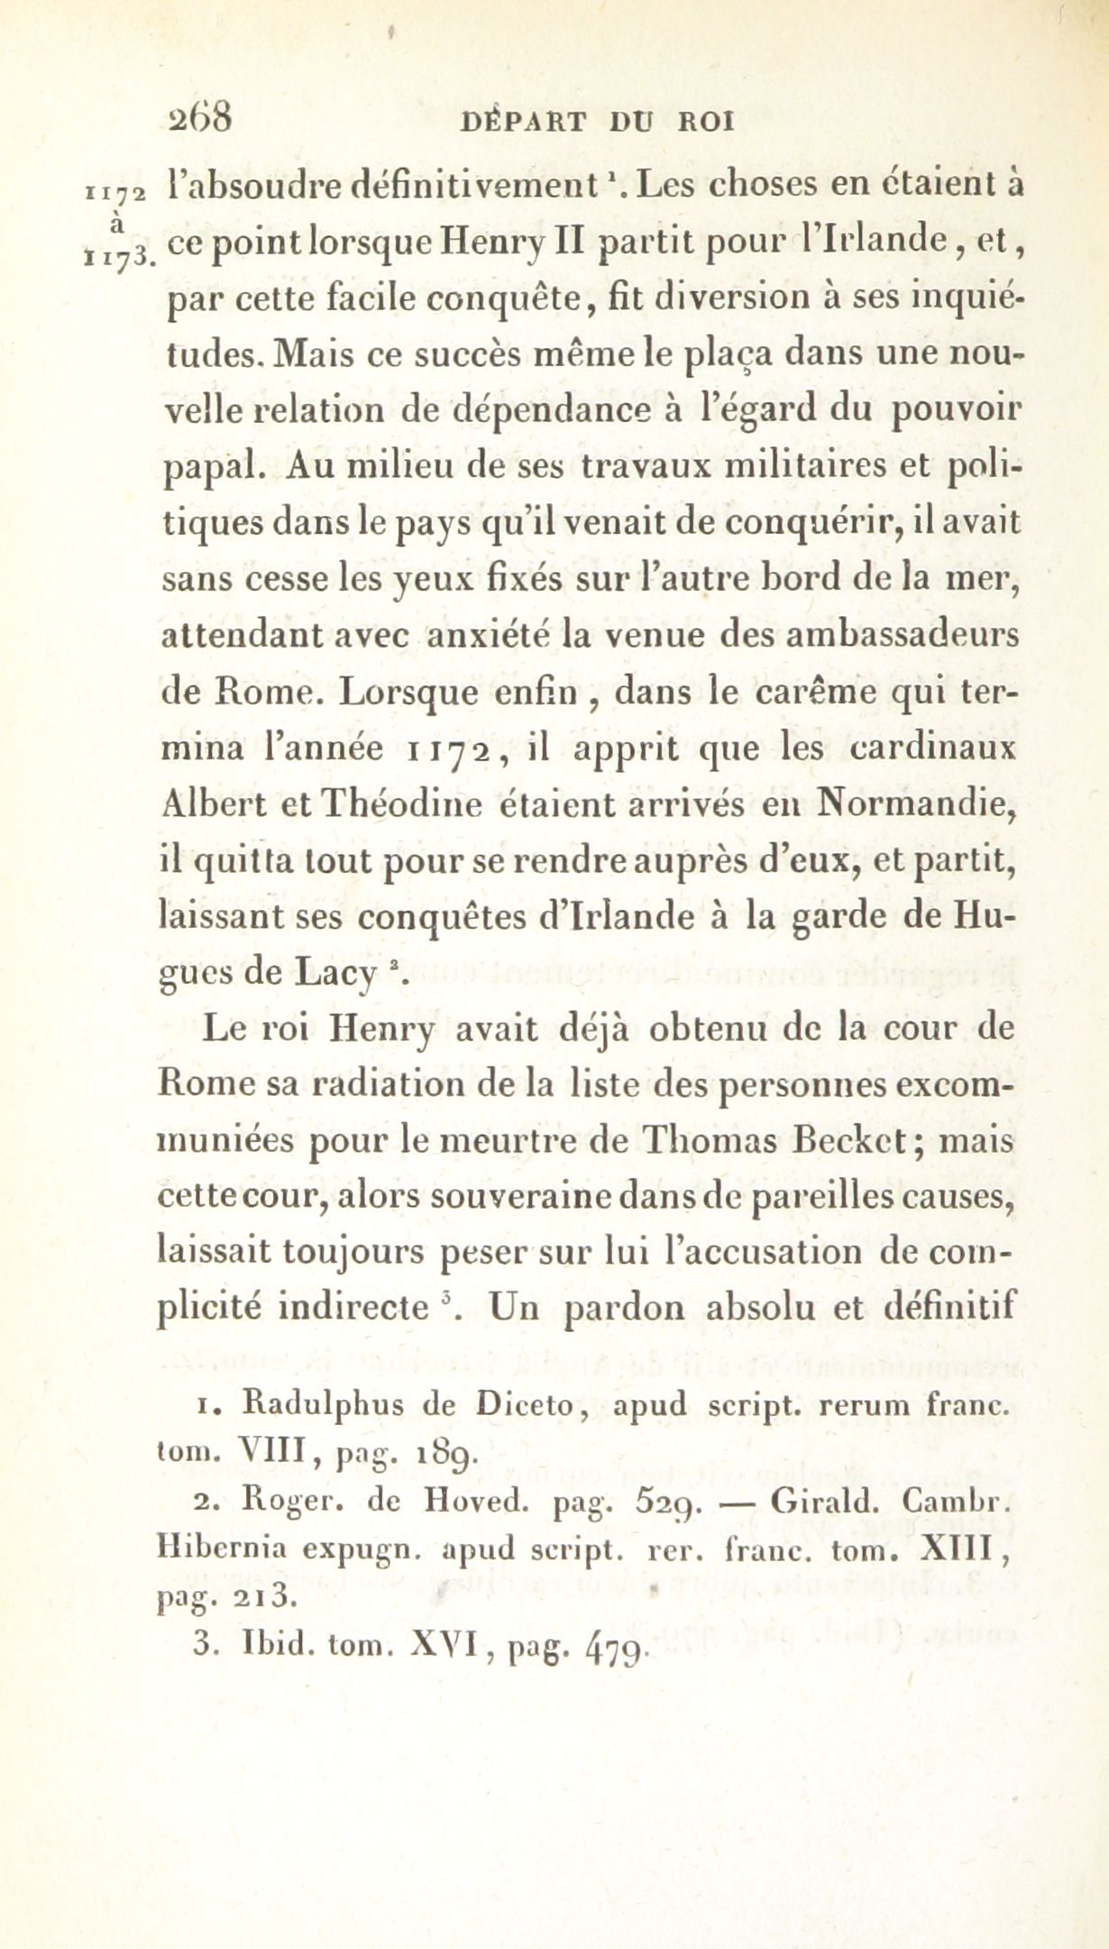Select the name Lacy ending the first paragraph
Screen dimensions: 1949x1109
pyautogui.click(x=337, y=973)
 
